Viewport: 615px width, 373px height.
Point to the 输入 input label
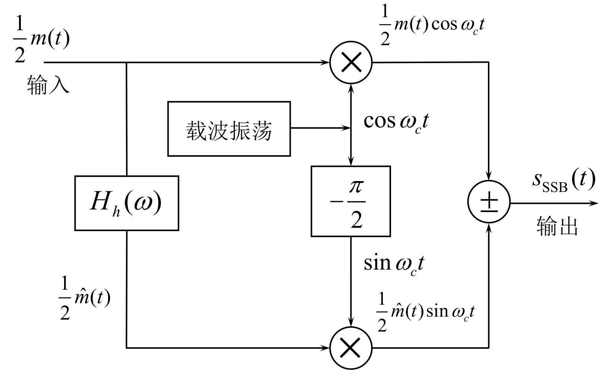tap(48, 85)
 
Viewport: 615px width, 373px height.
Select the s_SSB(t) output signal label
tap(564, 181)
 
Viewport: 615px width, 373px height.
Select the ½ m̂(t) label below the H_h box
tap(85, 298)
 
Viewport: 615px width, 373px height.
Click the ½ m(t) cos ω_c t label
tap(432, 25)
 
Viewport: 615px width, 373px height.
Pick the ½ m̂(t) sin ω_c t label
tap(426, 312)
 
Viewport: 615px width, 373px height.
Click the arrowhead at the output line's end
tap(594, 203)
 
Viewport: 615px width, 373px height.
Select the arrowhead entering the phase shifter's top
tap(351, 161)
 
